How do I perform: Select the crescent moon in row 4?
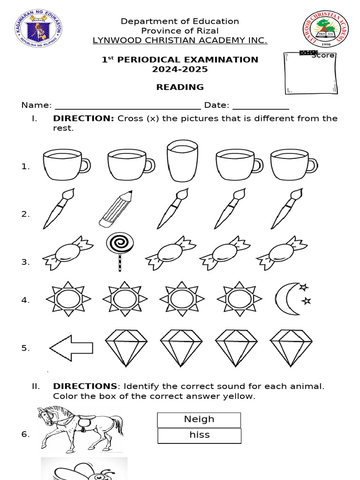[x=290, y=299]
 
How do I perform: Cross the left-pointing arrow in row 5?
[x=71, y=347]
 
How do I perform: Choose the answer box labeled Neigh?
[x=199, y=420]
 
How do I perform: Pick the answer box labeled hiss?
[x=199, y=435]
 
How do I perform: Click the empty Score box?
[x=310, y=75]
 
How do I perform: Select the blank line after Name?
[x=127, y=105]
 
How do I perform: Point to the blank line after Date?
[x=261, y=105]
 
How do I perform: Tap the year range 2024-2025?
[x=180, y=69]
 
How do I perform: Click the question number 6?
[x=25, y=435]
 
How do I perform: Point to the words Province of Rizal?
[x=180, y=31]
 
